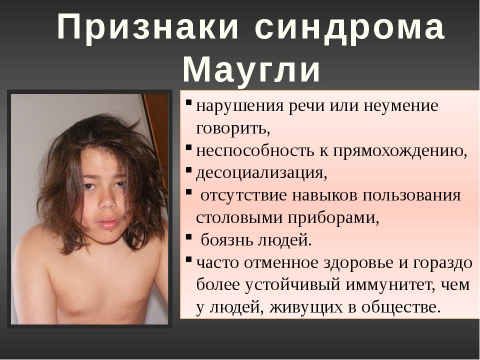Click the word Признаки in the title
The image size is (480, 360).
point(147,27)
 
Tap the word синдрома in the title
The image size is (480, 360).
point(350,28)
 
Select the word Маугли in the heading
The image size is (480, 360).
point(251,70)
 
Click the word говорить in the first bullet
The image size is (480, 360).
point(232,128)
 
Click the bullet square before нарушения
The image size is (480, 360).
point(188,101)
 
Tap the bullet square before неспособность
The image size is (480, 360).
point(188,147)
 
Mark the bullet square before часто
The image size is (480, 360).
point(188,259)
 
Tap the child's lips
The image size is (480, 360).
point(107,223)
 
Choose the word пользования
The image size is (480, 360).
point(411,195)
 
